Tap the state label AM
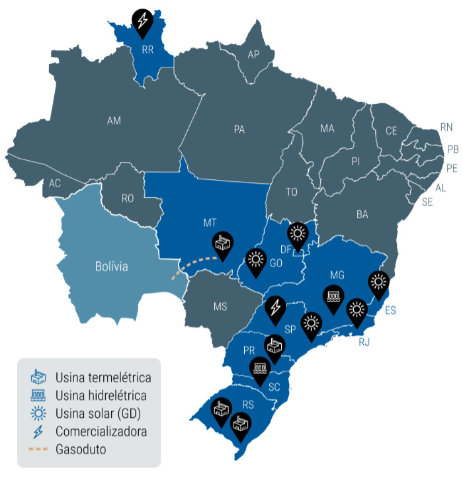pyautogui.click(x=114, y=120)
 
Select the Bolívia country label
pyautogui.click(x=110, y=267)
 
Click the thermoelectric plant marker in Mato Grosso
pyautogui.click(x=222, y=244)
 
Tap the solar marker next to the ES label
pyautogui.click(x=378, y=282)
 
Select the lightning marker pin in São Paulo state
pyautogui.click(x=276, y=307)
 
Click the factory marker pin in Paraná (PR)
pyautogui.click(x=274, y=345)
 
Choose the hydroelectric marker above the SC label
pyautogui.click(x=259, y=368)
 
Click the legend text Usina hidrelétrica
pyautogui.click(x=101, y=396)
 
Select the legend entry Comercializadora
pyautogui.click(x=101, y=432)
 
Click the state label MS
pyautogui.click(x=220, y=306)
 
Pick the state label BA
pyautogui.click(x=362, y=214)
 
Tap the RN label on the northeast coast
pyautogui.click(x=446, y=127)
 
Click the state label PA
pyautogui.click(x=239, y=130)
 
